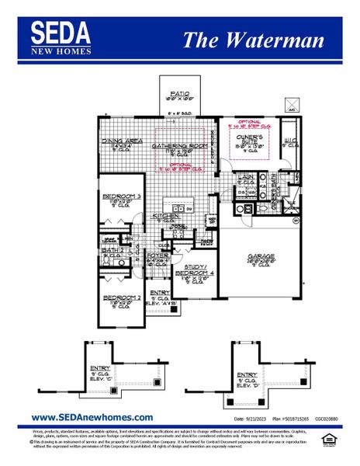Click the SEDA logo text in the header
click(x=61, y=32)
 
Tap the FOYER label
click(x=157, y=256)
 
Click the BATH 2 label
click(x=112, y=250)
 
